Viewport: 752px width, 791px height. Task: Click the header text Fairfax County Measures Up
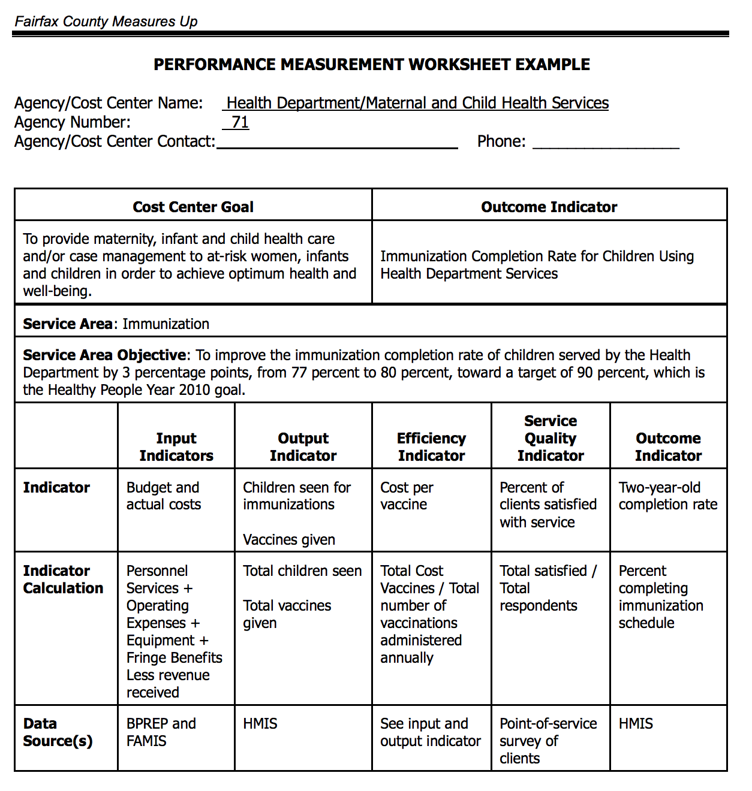pyautogui.click(x=106, y=22)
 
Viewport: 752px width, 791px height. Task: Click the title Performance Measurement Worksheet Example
pyautogui.click(x=371, y=65)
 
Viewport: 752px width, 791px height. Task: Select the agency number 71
pyautogui.click(x=240, y=122)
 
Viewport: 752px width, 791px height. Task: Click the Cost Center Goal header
pyautogui.click(x=193, y=207)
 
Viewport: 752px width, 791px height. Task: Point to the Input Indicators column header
pyautogui.click(x=176, y=447)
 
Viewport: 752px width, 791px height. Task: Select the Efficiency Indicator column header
pyautogui.click(x=431, y=447)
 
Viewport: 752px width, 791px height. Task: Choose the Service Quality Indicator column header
pyautogui.click(x=551, y=438)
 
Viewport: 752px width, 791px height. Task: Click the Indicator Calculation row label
pyautogui.click(x=62, y=579)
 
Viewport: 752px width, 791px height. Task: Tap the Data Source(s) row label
pyautogui.click(x=58, y=732)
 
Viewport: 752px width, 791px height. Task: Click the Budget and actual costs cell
pyautogui.click(x=163, y=496)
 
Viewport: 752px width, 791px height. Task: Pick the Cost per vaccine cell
pyautogui.click(x=407, y=496)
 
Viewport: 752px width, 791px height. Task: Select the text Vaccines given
pyautogui.click(x=289, y=540)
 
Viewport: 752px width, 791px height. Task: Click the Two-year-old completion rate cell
pyautogui.click(x=668, y=496)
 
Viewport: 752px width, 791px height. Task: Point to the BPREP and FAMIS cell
pyautogui.click(x=161, y=732)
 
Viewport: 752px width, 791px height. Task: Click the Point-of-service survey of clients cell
pyautogui.click(x=548, y=741)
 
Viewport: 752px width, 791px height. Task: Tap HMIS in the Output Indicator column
pyautogui.click(x=260, y=724)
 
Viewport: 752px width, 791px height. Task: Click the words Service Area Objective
pyautogui.click(x=105, y=355)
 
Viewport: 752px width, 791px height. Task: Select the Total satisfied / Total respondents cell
pyautogui.click(x=548, y=588)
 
